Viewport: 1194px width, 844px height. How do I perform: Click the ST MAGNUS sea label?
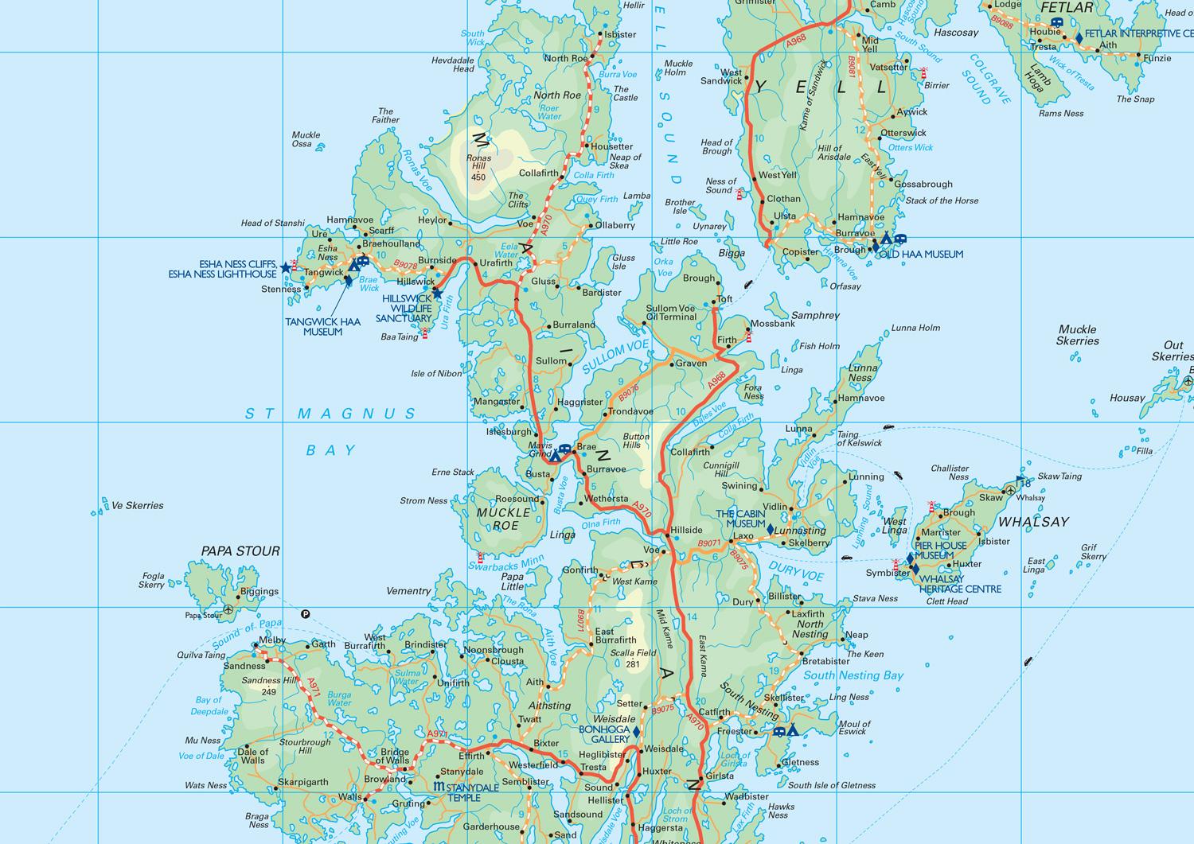click(x=330, y=414)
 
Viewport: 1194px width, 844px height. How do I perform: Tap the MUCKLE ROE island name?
click(x=503, y=519)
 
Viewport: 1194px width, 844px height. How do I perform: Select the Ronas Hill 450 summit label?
click(x=478, y=167)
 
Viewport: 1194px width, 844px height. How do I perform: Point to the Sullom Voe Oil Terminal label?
click(x=671, y=313)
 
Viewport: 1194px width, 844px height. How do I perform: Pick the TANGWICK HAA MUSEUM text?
click(x=322, y=326)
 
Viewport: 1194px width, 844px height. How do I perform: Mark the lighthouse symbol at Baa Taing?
click(x=424, y=334)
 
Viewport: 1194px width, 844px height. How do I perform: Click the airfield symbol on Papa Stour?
click(x=229, y=609)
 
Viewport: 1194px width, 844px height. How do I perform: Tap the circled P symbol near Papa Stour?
click(x=306, y=613)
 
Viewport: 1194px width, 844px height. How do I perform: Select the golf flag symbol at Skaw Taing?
click(x=1020, y=480)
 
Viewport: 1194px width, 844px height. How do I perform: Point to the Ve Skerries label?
click(x=138, y=505)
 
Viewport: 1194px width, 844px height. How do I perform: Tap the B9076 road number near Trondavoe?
click(x=629, y=392)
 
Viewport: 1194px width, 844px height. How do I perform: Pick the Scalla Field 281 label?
click(x=633, y=659)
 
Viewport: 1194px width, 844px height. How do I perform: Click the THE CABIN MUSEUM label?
click(x=740, y=519)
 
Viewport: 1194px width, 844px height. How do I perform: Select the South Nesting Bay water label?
click(x=853, y=675)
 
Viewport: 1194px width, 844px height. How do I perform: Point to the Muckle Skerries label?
click(x=1078, y=335)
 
